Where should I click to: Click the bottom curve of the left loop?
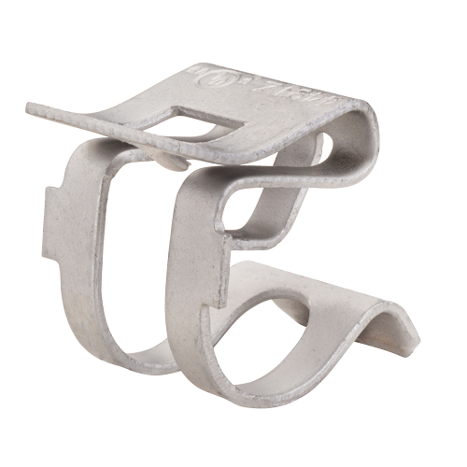pyautogui.click(x=140, y=360)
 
